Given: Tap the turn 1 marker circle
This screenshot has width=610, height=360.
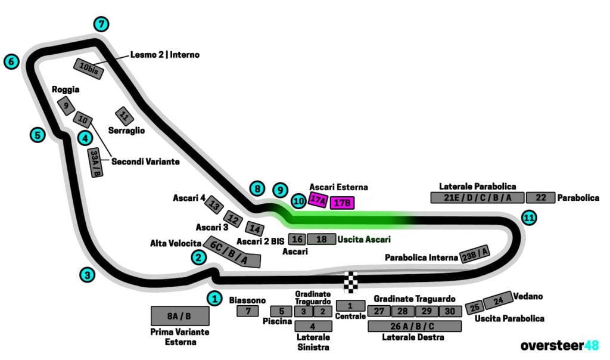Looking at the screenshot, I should [214, 297].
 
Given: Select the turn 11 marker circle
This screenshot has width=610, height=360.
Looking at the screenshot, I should [528, 218].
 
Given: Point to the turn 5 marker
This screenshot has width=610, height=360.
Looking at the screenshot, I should [38, 135].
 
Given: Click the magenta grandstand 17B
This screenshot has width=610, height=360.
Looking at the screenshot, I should [343, 203].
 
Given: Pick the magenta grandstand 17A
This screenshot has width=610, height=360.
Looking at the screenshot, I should [319, 200].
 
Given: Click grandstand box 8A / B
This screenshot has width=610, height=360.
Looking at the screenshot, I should [180, 316].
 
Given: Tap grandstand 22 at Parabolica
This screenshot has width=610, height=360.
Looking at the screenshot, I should [541, 198].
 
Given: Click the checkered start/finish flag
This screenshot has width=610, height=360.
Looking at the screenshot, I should [352, 282].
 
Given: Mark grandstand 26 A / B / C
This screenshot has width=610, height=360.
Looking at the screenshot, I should [415, 326].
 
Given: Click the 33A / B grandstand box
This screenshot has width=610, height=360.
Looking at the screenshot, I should [95, 163].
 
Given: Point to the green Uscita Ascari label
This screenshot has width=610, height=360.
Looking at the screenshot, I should [364, 240].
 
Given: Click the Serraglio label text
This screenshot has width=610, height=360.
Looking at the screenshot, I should [126, 130].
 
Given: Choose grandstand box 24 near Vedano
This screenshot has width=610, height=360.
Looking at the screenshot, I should [498, 300].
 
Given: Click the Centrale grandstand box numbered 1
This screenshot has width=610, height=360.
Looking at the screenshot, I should [350, 306].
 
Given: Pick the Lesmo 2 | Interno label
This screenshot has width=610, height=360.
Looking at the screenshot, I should [165, 55].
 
